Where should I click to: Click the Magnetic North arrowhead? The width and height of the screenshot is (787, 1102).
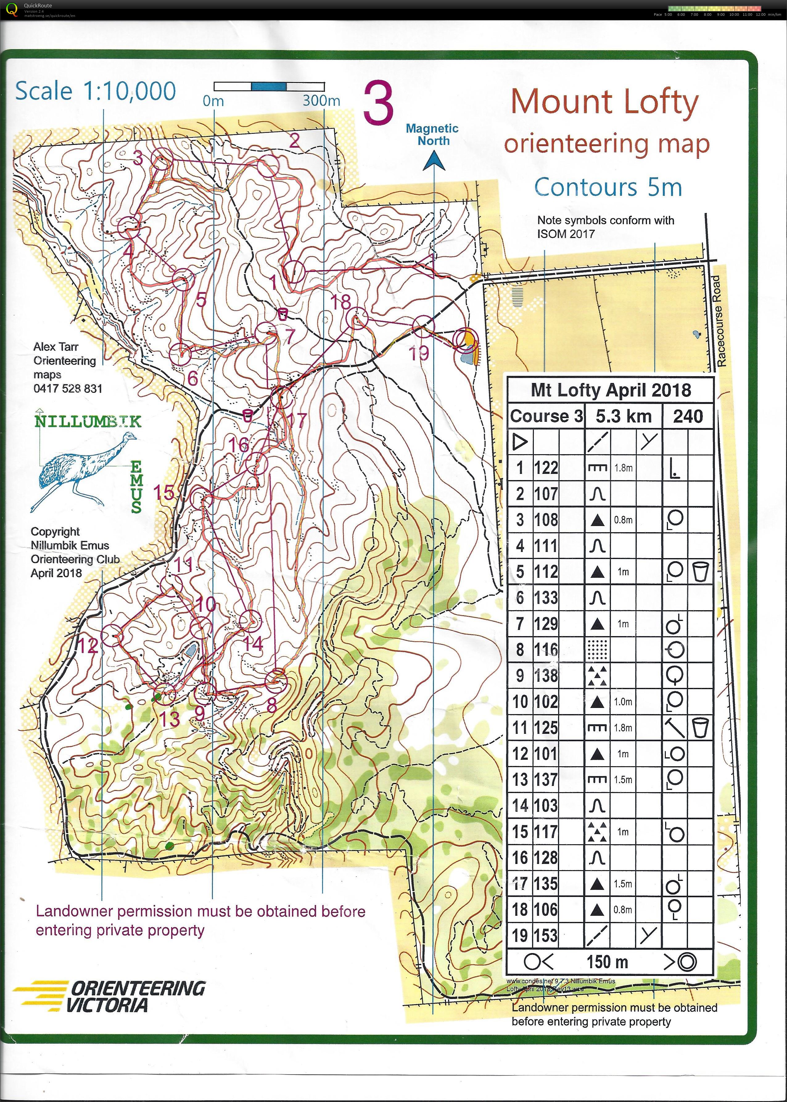coord(434,161)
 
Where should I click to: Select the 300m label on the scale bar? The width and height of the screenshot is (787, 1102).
coord(321,101)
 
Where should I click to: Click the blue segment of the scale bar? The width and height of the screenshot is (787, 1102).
coord(269,87)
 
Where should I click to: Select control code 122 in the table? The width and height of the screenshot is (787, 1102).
coord(546,468)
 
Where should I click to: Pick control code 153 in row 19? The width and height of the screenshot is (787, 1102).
coord(546,935)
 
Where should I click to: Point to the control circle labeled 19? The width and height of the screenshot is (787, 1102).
coord(423,327)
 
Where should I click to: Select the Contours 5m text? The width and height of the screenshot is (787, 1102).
coord(608,187)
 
